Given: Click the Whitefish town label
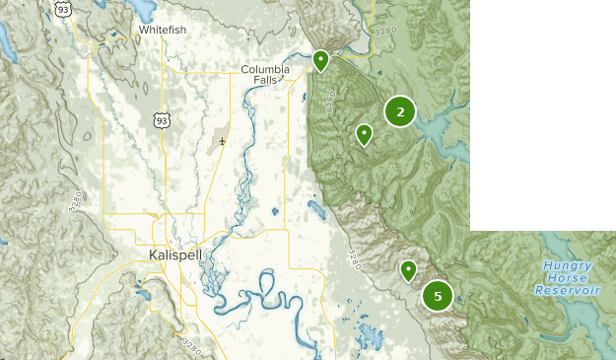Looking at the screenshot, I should coord(163,30).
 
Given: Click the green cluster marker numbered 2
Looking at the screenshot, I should coord(400,112).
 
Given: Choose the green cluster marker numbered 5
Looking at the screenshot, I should coord(438,295).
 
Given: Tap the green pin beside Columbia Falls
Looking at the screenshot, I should coord(320,61).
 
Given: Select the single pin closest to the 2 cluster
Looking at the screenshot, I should coord(364,134).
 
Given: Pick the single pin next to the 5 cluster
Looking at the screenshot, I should coord(408,269).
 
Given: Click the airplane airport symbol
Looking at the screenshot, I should coord(223,141).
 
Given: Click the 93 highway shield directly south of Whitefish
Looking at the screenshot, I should coord(161,119).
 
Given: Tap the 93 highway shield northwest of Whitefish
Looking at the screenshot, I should coord(63,9).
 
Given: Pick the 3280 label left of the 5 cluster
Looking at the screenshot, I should coord(355,259).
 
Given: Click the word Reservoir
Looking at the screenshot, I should coord(568,291).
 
